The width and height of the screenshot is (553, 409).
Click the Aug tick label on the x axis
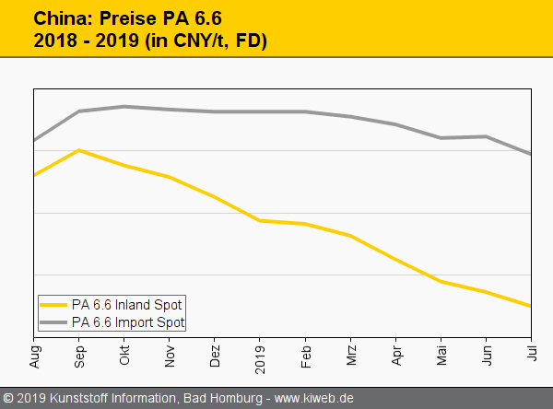coord(35,351)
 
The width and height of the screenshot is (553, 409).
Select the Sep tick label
coord(79,351)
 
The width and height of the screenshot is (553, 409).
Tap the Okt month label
coord(124,351)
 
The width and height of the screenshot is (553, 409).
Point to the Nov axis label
coord(170,351)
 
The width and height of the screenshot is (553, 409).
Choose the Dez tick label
coord(215,351)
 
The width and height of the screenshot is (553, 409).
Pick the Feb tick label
coord(305,351)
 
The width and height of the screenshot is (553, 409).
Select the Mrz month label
coord(350,351)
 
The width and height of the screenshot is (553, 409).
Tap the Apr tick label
coord(395,351)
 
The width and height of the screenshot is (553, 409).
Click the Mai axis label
coord(441,351)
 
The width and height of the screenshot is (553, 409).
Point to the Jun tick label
coord(486,351)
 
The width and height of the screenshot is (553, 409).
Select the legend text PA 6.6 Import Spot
coord(128,322)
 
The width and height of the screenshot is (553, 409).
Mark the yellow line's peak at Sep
coord(79,149)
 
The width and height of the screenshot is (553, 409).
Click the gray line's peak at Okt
coord(124,106)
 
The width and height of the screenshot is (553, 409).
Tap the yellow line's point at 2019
coord(260,220)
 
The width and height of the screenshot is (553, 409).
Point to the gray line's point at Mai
coord(441,138)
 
